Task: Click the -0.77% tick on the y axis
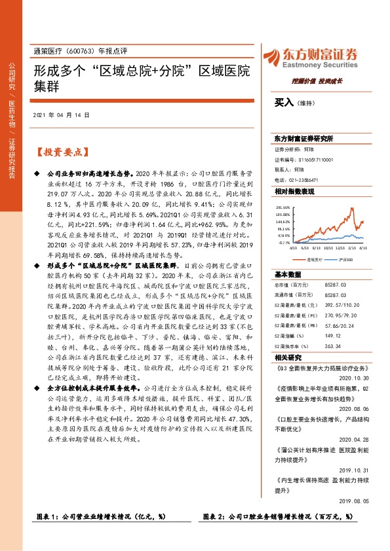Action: click(284, 242)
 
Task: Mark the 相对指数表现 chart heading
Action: click(295, 191)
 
